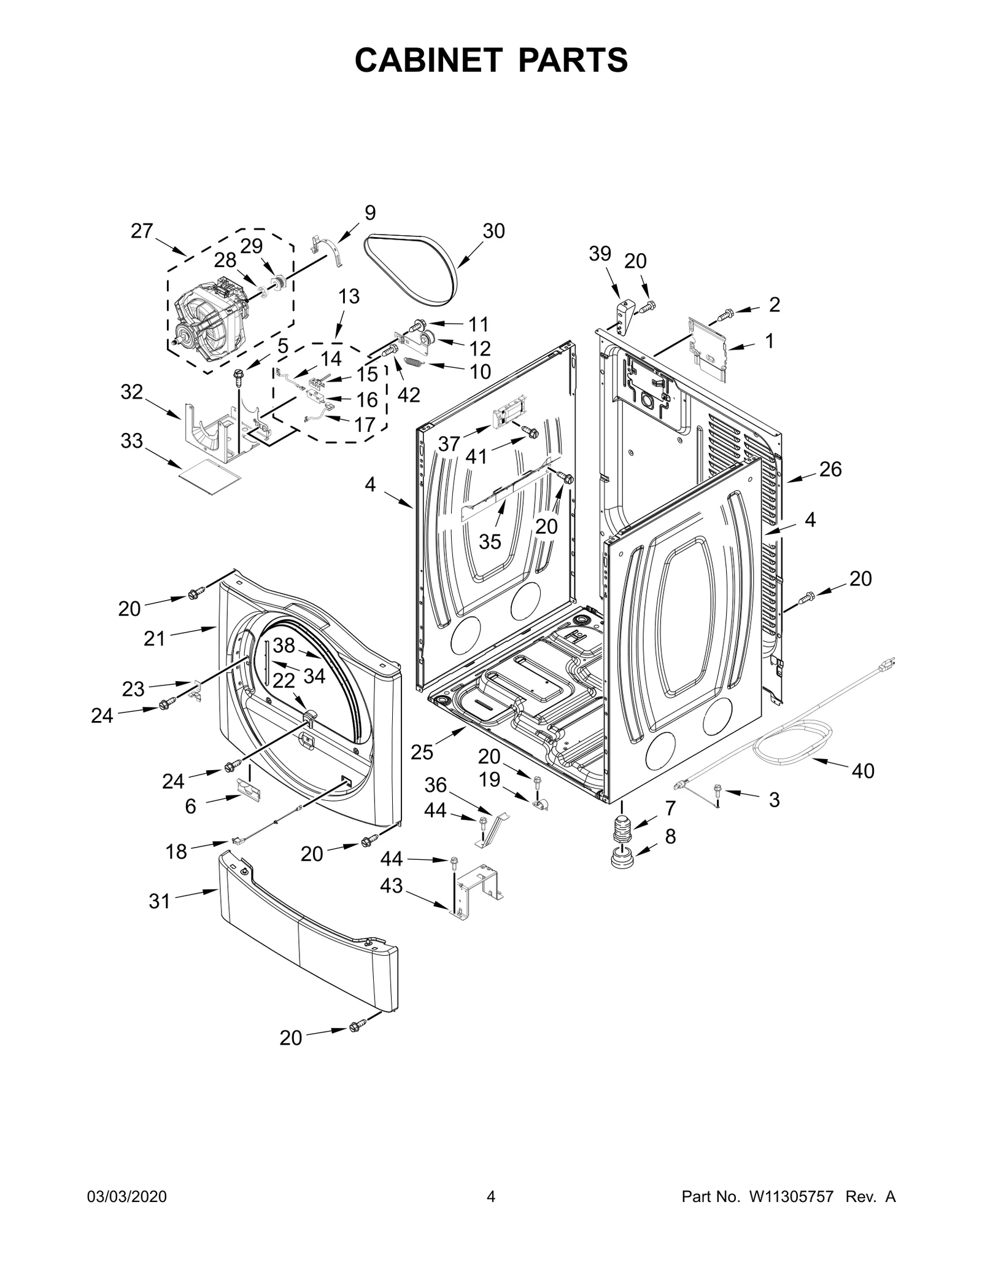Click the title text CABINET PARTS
491,60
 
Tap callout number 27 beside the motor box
142,231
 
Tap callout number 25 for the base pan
422,752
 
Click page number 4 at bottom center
490,1214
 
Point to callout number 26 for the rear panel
830,469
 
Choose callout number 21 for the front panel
155,639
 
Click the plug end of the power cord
887,663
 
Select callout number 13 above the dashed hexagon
349,297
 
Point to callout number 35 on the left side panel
490,542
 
